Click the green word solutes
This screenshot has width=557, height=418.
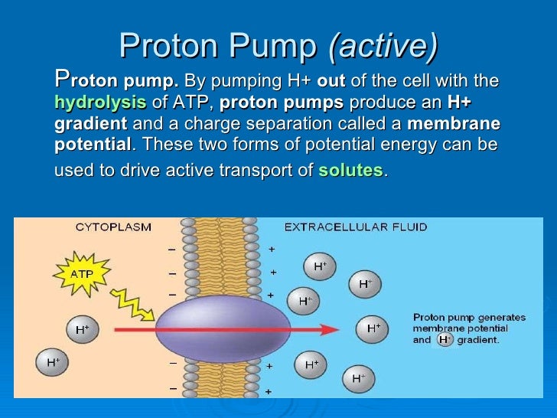(350, 171)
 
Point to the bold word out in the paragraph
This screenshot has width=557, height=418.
(331, 81)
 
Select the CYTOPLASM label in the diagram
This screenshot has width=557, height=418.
(113, 227)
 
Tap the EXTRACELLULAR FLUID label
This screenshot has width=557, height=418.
(356, 227)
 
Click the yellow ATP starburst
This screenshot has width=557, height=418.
(83, 273)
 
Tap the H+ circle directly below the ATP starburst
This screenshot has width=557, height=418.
(82, 329)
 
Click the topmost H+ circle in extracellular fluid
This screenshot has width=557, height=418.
(320, 266)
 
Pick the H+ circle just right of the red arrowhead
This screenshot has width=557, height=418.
(373, 328)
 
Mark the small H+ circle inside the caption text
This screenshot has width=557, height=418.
(445, 340)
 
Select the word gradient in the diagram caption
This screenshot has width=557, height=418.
(478, 340)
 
